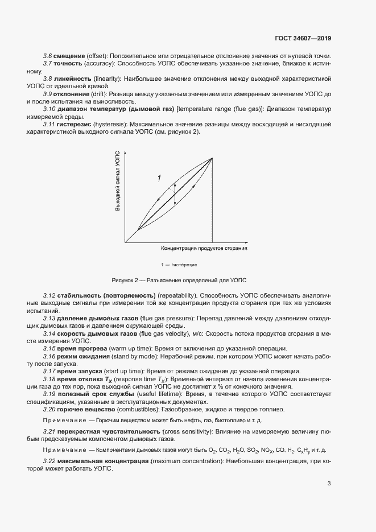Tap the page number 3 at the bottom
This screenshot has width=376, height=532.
click(329, 484)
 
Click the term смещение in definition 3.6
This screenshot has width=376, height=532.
click(69, 56)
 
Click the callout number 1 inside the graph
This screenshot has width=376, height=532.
click(159, 179)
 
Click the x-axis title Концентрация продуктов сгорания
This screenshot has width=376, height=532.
click(204, 249)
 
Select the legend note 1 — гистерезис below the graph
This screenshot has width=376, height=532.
click(179, 265)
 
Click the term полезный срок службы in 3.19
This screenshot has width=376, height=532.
click(94, 393)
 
